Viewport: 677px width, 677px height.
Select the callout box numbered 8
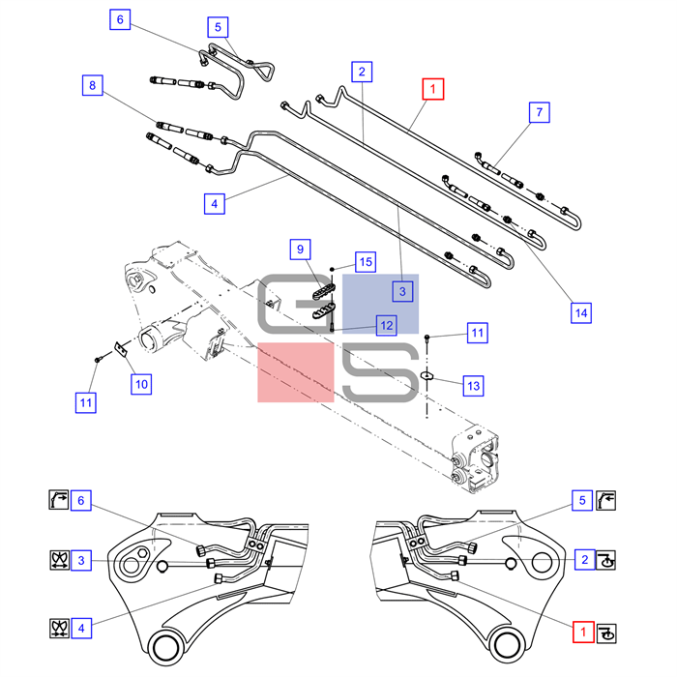point(92,86)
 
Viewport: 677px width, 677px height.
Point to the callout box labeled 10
point(141,384)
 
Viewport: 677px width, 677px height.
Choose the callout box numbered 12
point(386,326)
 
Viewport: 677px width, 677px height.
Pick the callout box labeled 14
point(579,312)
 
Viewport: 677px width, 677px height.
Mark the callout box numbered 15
point(365,261)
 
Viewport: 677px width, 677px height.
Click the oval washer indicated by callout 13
point(427,373)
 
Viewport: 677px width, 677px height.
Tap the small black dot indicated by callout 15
point(333,268)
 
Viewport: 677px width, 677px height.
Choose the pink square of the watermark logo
point(296,372)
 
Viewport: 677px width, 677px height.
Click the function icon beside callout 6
point(57,500)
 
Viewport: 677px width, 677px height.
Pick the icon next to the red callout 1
point(606,632)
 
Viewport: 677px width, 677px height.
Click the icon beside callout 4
point(57,628)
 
